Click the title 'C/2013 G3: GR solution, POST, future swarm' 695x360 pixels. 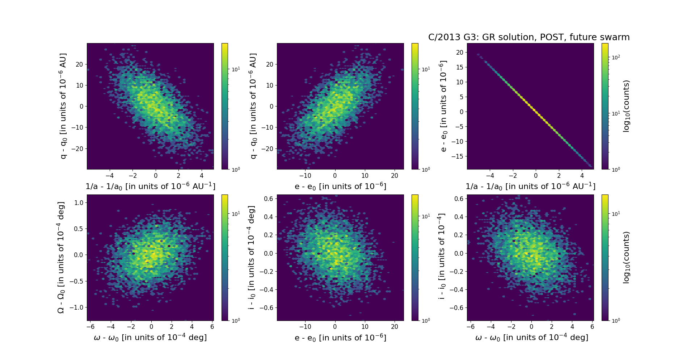(529, 37)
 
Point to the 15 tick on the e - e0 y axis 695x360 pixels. (459, 67)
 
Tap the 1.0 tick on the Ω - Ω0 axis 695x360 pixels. (79, 202)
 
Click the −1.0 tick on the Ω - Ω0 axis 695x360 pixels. (77, 307)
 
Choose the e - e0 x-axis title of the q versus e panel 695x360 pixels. (340, 187)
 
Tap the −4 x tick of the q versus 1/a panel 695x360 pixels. (110, 176)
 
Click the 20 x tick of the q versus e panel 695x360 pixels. (395, 176)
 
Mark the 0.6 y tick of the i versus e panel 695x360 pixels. (268, 198)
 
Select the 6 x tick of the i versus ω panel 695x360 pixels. (592, 327)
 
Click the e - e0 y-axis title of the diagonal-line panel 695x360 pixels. (443, 106)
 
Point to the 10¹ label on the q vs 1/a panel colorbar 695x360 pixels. (236, 69)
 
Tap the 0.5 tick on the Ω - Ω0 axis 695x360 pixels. (79, 229)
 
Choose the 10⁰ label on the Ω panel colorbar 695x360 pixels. (236, 320)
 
